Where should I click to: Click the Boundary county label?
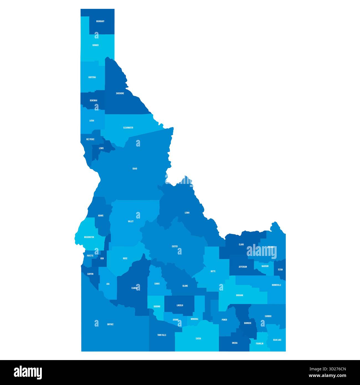[100, 21]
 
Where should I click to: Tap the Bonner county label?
[96, 45]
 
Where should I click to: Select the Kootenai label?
[92, 77]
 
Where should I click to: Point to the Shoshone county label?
[120, 93]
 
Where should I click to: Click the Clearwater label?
[128, 128]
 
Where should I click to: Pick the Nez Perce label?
[90, 139]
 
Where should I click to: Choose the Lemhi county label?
[187, 213]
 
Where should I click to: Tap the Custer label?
[174, 246]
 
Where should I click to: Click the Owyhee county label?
[110, 324]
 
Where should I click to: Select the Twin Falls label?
[162, 335]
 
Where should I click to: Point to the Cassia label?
[198, 338]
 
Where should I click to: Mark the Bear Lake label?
[277, 340]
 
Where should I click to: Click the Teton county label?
[280, 269]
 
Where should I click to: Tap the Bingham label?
[240, 295]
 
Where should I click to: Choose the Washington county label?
[89, 237]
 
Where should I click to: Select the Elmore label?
[134, 288]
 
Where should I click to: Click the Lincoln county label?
[180, 306]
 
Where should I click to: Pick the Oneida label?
[235, 343]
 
